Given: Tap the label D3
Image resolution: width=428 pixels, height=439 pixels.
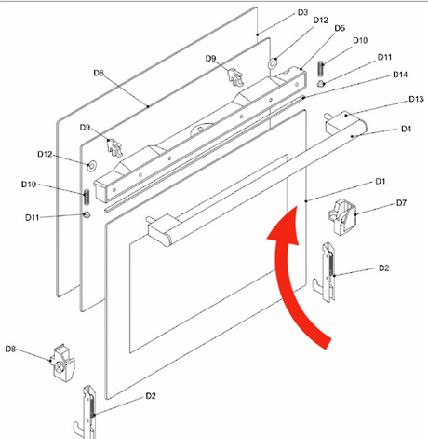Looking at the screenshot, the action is click(302, 12).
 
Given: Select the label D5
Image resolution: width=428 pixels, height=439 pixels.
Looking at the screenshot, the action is click(340, 28).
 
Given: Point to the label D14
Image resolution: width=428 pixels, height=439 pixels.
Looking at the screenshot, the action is click(400, 75).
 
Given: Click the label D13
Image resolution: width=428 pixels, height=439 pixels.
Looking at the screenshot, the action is click(416, 99).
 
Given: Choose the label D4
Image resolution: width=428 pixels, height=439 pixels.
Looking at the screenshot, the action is click(406, 129).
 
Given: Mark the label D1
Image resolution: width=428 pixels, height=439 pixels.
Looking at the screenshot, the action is click(380, 181).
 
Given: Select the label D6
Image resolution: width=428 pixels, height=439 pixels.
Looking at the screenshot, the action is click(99, 73).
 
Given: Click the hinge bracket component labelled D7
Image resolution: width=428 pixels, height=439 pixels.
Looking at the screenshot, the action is click(342, 216).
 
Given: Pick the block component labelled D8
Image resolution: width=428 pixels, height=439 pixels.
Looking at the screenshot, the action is click(63, 363).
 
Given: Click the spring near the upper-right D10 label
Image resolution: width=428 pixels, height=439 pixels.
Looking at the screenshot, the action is click(321, 68).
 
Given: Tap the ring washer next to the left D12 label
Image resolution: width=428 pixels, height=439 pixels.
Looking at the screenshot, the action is click(91, 166).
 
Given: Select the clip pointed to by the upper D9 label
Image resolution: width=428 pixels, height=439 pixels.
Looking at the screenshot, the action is click(235, 77).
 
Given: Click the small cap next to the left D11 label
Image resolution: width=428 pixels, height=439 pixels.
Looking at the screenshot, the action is click(87, 214).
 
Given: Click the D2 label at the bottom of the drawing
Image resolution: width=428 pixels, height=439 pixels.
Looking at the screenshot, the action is click(151, 396).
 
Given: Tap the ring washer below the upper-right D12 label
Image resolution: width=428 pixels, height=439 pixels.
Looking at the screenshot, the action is click(272, 63).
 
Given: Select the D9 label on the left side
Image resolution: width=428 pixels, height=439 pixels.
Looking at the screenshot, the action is click(85, 128).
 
